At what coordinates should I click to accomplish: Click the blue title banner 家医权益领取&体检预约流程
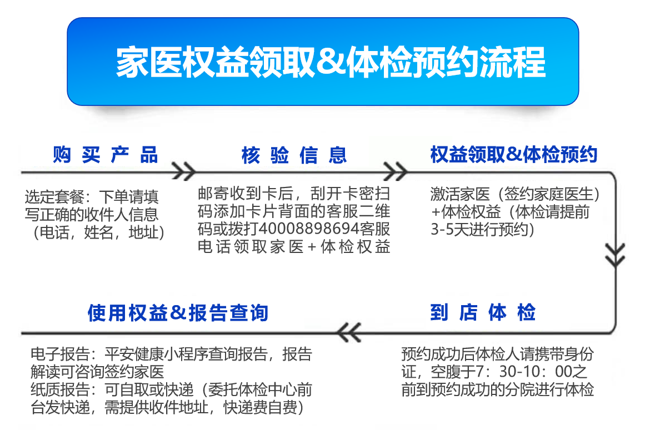[x=323, y=61]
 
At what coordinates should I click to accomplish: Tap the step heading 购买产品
[x=106, y=155]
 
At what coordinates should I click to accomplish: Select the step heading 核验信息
[x=294, y=155]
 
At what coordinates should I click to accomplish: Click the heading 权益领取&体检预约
[x=513, y=155]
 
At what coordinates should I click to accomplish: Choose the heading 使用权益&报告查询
[x=178, y=312]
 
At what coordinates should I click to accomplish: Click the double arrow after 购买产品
[x=183, y=171]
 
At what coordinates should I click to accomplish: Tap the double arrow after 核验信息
[x=396, y=171]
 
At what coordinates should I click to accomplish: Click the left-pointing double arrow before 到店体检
[x=350, y=332]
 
